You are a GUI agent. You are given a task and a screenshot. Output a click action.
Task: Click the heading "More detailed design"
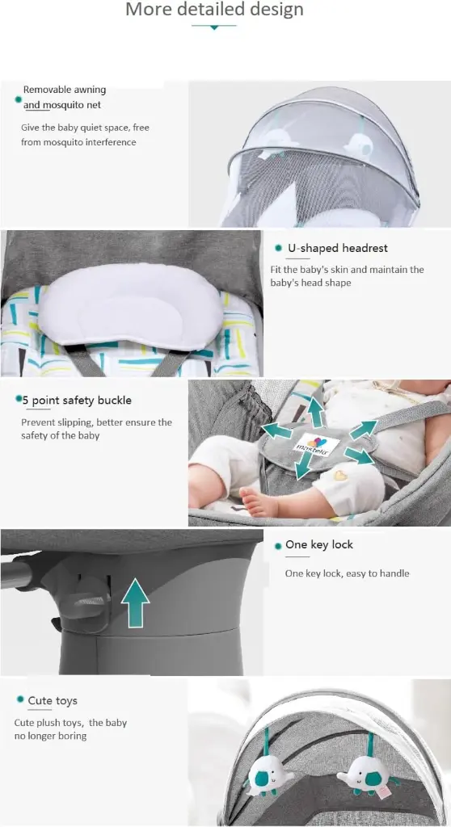point(214,9)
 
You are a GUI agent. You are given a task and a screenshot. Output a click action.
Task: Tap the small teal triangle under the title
point(214,27)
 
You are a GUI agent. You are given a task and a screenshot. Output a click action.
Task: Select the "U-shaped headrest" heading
point(338,249)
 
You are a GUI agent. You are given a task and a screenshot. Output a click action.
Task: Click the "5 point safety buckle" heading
point(77,401)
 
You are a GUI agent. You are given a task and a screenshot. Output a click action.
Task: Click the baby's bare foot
point(259,502)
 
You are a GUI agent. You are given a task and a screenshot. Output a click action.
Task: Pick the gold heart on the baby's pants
point(339,475)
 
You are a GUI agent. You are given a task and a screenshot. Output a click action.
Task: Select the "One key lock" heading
point(319,545)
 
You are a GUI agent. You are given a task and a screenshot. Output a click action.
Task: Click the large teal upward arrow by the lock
point(135,602)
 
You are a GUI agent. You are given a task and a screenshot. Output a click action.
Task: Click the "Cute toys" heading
point(53,701)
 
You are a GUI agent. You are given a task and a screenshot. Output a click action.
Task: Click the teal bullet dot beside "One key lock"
point(278,547)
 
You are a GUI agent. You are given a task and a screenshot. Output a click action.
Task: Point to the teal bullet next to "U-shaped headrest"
point(278,248)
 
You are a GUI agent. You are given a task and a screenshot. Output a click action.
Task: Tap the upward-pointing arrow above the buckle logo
point(316,412)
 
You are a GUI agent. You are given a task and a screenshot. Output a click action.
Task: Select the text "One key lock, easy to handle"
point(347,573)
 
